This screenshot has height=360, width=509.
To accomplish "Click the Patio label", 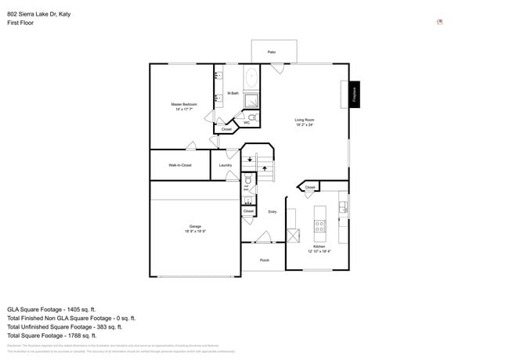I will [271, 52].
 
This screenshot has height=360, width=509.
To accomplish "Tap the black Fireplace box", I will [355, 95].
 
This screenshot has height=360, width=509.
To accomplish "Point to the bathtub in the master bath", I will [251, 78].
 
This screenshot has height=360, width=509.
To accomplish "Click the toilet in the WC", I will [252, 117].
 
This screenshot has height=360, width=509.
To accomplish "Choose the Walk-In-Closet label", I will [180, 165].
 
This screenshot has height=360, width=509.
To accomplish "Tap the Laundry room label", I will [226, 165].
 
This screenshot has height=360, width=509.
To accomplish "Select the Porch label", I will [264, 261].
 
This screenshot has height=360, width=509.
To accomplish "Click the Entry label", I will [273, 211].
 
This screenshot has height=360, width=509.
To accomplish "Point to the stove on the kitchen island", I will [319, 226].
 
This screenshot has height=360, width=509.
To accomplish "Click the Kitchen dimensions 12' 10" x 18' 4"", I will [319, 251].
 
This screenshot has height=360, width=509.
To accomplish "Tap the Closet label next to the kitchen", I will [310, 188].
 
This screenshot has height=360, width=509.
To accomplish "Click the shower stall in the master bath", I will [251, 100].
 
